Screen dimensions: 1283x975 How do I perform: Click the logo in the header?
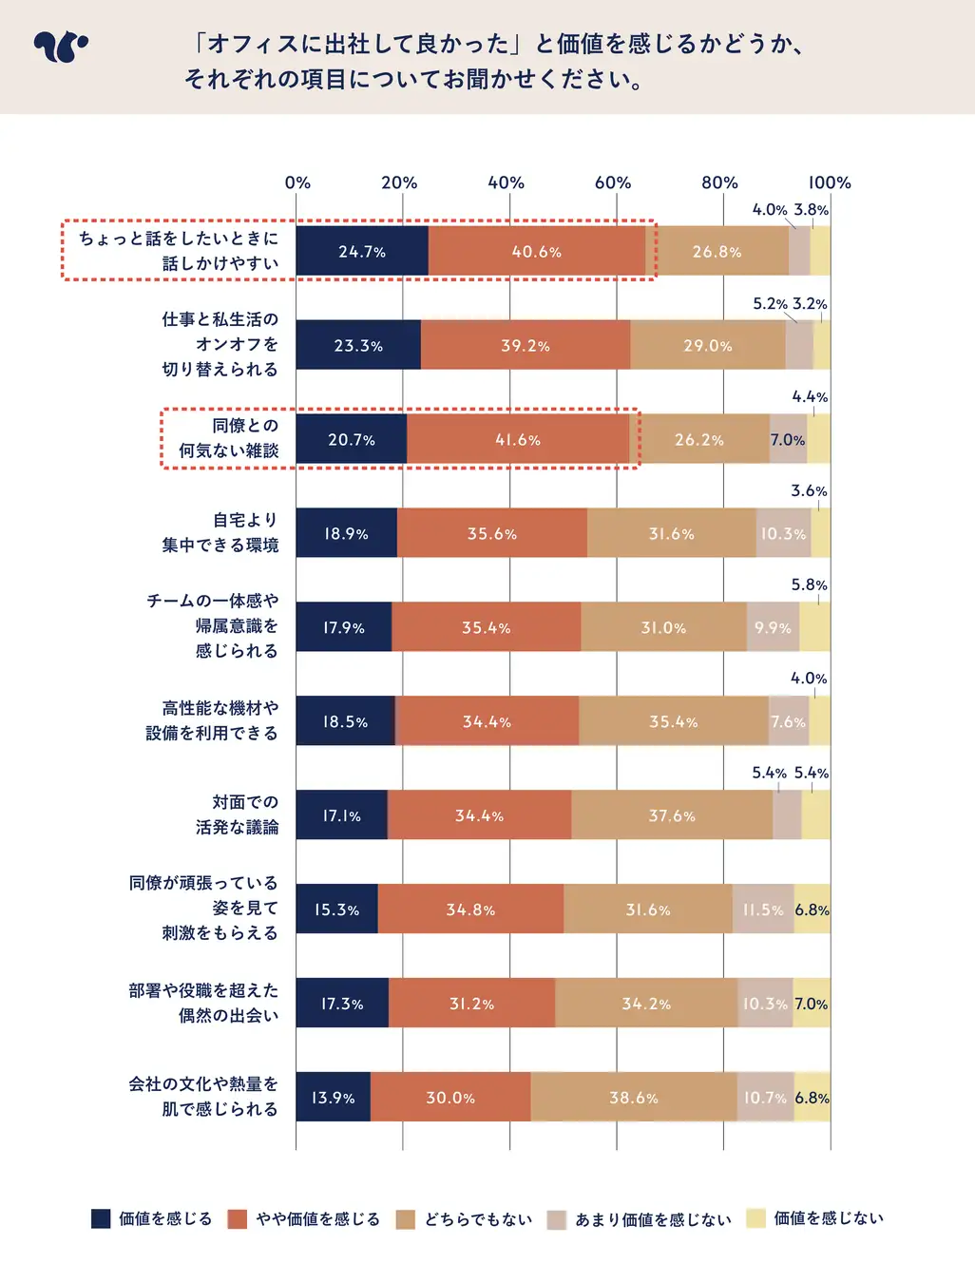click(x=60, y=47)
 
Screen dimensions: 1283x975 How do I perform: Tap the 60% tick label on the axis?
click(x=613, y=182)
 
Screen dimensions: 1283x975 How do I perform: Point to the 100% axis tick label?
click(x=830, y=182)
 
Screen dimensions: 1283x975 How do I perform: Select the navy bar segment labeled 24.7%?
click(x=362, y=252)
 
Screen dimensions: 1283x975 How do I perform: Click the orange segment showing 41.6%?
click(x=518, y=440)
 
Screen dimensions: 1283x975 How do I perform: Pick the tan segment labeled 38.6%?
click(x=634, y=1098)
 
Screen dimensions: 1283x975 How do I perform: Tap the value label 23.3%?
click(x=358, y=346)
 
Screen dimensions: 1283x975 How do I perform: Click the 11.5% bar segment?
click(x=763, y=910)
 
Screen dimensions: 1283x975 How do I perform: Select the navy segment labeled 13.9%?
click(x=333, y=1098)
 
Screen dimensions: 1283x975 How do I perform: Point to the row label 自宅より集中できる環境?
click(x=221, y=532)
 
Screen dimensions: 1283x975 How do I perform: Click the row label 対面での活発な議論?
click(x=238, y=814)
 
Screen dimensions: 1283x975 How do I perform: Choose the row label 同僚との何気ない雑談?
click(x=230, y=438)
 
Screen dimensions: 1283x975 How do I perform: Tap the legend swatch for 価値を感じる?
click(x=101, y=1218)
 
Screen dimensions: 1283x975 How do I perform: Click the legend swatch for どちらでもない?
click(x=406, y=1219)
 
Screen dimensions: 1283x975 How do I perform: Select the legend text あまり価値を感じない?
click(x=653, y=1219)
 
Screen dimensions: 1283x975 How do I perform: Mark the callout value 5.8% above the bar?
click(x=809, y=584)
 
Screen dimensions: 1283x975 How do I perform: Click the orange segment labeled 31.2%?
click(x=471, y=1004)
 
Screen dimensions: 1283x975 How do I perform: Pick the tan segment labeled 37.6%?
click(x=672, y=815)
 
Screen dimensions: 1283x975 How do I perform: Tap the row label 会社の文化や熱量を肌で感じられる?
click(x=204, y=1097)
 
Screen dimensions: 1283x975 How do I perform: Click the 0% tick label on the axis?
click(x=297, y=182)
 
